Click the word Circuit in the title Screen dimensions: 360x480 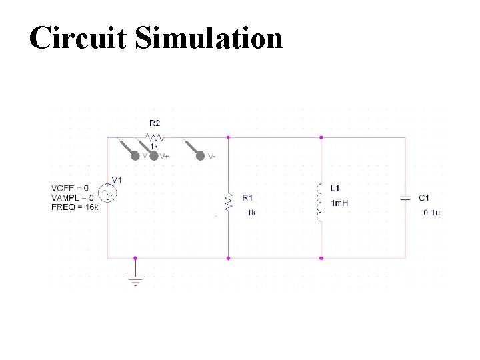77,38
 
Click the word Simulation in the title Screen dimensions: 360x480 209,38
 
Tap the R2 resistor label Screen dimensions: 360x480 155,123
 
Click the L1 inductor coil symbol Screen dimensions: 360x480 321,201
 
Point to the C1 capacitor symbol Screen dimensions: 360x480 405,198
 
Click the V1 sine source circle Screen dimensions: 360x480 107,194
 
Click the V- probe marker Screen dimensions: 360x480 199,156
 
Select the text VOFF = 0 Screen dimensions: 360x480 69,188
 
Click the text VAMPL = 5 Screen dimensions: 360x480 72,197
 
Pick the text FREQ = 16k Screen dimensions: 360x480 74,207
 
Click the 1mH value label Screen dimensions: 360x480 339,203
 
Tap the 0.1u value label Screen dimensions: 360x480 432,213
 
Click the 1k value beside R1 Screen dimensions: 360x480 251,213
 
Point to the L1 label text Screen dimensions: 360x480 335,188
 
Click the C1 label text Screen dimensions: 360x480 424,197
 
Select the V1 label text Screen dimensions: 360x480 117,180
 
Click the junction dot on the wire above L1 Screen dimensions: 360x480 321,137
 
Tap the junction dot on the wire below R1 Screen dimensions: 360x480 228,257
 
